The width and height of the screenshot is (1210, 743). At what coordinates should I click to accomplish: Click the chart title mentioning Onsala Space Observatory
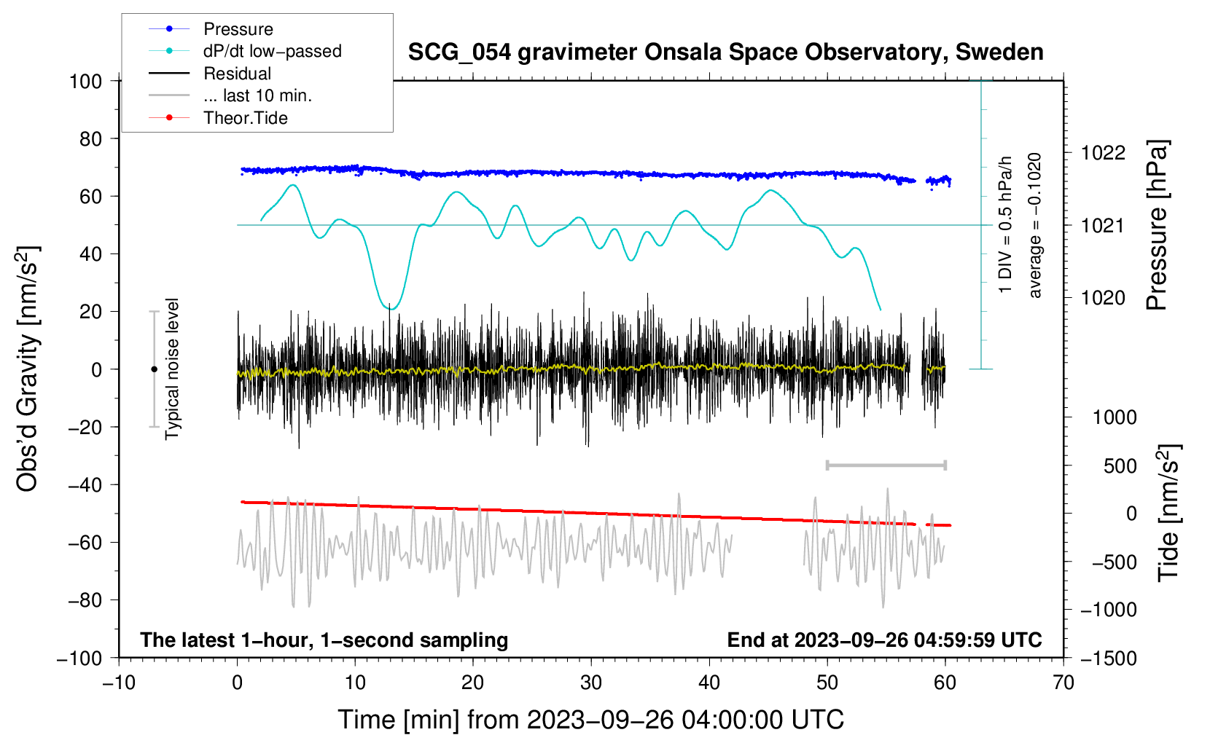tap(725, 52)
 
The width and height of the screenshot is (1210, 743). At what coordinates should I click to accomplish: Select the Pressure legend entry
tap(238, 29)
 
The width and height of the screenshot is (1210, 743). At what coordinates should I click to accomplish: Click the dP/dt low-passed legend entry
tap(272, 51)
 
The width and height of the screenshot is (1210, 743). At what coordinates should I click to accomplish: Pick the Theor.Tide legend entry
tap(245, 118)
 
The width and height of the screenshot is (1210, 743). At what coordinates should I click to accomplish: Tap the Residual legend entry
tap(237, 74)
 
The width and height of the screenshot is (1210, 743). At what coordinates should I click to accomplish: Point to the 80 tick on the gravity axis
tap(90, 138)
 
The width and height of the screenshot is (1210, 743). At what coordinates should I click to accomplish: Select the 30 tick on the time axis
tap(591, 683)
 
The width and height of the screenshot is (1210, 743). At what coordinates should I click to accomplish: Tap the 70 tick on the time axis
tap(1063, 683)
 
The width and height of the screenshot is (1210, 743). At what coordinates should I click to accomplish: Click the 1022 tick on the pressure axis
tap(1103, 153)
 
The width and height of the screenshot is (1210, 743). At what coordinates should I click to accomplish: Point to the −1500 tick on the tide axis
tap(1109, 658)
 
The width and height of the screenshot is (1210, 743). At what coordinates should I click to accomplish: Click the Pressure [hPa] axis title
tap(1157, 226)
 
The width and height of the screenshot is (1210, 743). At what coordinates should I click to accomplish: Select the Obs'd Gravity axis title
tap(28, 369)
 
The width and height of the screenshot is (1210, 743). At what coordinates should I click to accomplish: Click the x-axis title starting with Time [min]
tap(591, 720)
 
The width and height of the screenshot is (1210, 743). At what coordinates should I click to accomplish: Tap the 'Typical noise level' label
tap(172, 369)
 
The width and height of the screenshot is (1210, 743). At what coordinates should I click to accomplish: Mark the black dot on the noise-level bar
tap(154, 369)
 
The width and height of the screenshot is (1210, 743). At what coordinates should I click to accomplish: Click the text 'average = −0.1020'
tap(1035, 226)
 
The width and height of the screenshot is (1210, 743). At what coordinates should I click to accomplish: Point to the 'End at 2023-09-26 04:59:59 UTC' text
tap(884, 640)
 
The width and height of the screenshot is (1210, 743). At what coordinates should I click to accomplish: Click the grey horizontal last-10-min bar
tap(886, 465)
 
